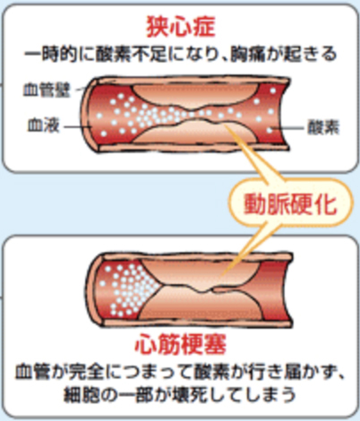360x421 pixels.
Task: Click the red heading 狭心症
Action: pos(181,27)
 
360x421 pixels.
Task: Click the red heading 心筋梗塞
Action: pos(181,344)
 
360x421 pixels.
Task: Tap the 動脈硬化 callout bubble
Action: pos(291,204)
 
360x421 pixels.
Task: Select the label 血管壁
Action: pos(47,90)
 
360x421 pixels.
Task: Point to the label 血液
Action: pos(44,125)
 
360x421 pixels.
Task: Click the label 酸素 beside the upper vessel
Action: pos(323,128)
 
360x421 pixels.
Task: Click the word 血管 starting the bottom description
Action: pos(32,372)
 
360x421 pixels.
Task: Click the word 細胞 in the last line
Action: pos(81,394)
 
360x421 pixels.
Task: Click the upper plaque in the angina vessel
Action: pos(195,95)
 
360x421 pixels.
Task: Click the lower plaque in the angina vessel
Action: pos(194,132)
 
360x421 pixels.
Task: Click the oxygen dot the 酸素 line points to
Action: pos(270,130)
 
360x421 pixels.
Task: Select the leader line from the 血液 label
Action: pos(78,126)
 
